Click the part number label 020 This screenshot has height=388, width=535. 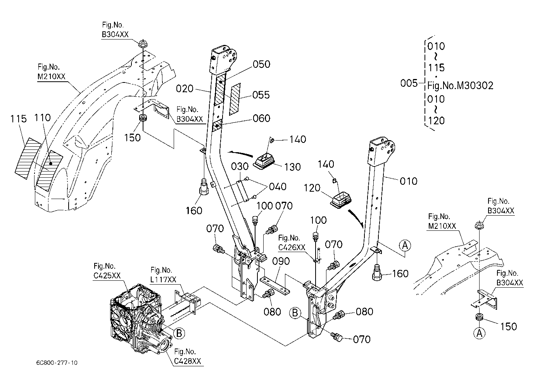pos(185,89)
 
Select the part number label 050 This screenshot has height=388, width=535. pos(262,64)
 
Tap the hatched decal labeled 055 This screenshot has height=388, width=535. pos(235,99)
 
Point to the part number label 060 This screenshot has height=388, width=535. pos(262,118)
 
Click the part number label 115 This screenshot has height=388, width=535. pos(18,119)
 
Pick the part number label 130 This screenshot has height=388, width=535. pos(292,167)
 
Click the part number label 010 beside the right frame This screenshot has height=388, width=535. pos(408,181)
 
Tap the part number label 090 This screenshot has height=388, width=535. pos(281,261)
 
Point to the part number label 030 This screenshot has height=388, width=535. pos(240,167)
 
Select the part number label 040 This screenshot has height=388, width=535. pos(278,187)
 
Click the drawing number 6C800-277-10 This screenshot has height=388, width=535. pos(57,363)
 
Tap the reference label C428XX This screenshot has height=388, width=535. pos(188,361)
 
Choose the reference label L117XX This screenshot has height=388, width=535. pos(163,280)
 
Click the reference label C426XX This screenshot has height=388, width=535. pos(292,247)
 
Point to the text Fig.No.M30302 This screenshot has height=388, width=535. pos(460,86)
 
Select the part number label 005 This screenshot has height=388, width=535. pos(409,83)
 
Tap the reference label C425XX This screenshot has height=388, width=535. pos(107,276)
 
